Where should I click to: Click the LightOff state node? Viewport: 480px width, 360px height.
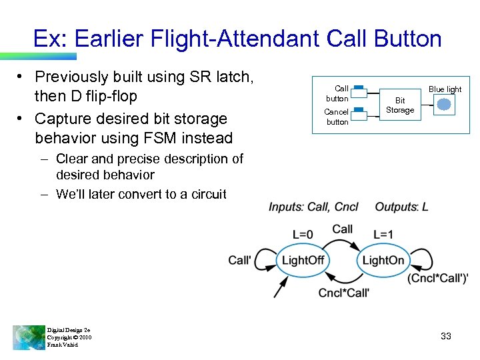pos(303,260)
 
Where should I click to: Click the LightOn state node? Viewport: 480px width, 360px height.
pos(383,260)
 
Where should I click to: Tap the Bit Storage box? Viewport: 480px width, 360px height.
pos(400,105)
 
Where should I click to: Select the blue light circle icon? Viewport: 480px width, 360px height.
pos(445,104)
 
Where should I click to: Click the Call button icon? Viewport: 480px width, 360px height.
pos(358,89)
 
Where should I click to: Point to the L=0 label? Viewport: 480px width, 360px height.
pos(303,235)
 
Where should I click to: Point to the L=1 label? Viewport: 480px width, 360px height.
pos(383,235)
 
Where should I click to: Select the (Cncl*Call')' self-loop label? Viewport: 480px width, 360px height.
pos(437,278)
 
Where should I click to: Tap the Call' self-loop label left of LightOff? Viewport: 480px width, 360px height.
pos(240,260)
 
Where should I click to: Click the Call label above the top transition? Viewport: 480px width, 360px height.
pos(342,229)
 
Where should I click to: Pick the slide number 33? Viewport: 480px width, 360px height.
pos(446,337)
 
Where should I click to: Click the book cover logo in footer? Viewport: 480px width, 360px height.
pos(29,337)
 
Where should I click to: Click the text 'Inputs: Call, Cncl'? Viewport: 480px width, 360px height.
pos(313,207)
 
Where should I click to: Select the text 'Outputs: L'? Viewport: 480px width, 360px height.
pos(401,207)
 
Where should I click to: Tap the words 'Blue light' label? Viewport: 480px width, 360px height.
pos(445,89)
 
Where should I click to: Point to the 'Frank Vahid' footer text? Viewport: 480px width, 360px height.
pos(63,345)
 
